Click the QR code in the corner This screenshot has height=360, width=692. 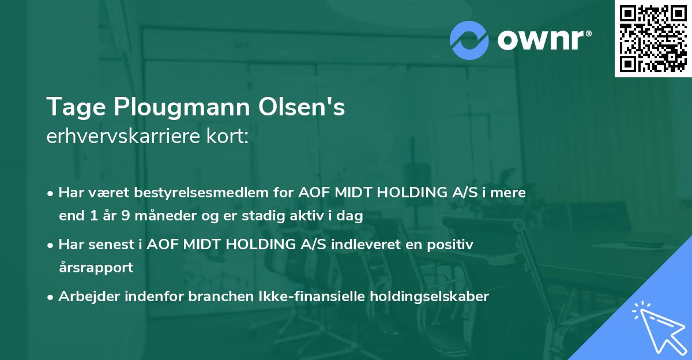[653, 39]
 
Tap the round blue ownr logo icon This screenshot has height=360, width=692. [469, 40]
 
